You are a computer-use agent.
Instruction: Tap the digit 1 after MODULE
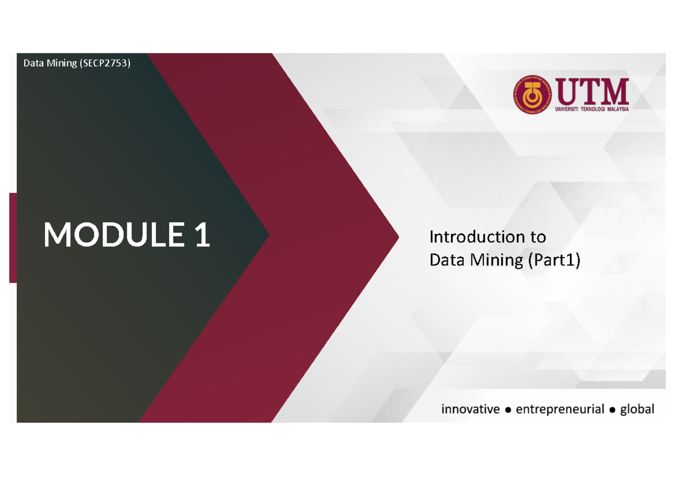202,235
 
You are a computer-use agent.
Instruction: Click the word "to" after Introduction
537,237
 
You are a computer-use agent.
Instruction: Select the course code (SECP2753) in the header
105,64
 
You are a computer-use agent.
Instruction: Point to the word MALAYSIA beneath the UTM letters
611,109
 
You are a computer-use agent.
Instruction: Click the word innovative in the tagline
470,409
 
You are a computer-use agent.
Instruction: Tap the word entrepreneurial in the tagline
560,409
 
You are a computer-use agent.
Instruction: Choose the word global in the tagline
637,409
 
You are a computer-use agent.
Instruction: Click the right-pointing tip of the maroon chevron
396,237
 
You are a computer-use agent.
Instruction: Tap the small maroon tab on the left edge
12,237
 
